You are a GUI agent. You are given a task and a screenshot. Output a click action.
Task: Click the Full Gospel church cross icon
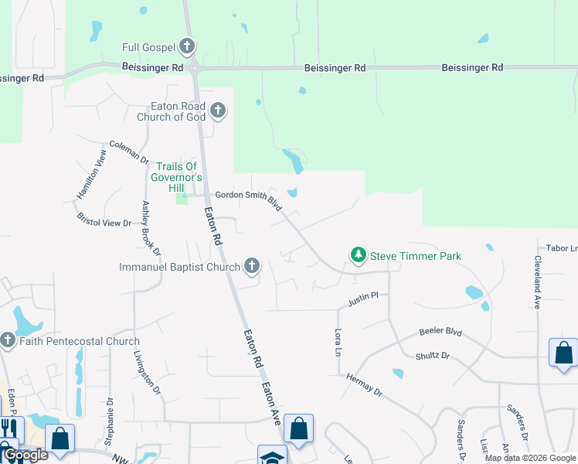(x=186, y=47)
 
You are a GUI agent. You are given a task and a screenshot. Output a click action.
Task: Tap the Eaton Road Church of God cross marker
(x=218, y=111)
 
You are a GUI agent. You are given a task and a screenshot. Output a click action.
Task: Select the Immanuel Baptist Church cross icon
(x=251, y=267)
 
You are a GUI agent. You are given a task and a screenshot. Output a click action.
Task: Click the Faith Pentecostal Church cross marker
(x=8, y=340)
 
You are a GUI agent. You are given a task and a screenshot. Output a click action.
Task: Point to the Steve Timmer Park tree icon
(x=358, y=255)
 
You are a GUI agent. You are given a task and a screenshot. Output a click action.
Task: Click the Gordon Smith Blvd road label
(x=248, y=200)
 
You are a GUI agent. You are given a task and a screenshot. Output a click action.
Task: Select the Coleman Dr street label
(x=128, y=150)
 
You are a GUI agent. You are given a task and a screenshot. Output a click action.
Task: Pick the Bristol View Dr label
(x=105, y=222)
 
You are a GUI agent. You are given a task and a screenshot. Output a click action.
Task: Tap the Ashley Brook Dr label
(x=151, y=229)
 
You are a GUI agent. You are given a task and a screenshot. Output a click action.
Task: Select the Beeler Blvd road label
(x=440, y=332)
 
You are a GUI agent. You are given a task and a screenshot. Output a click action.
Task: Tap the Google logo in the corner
(x=25, y=455)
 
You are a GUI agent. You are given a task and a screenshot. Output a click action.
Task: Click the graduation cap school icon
(x=272, y=456)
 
